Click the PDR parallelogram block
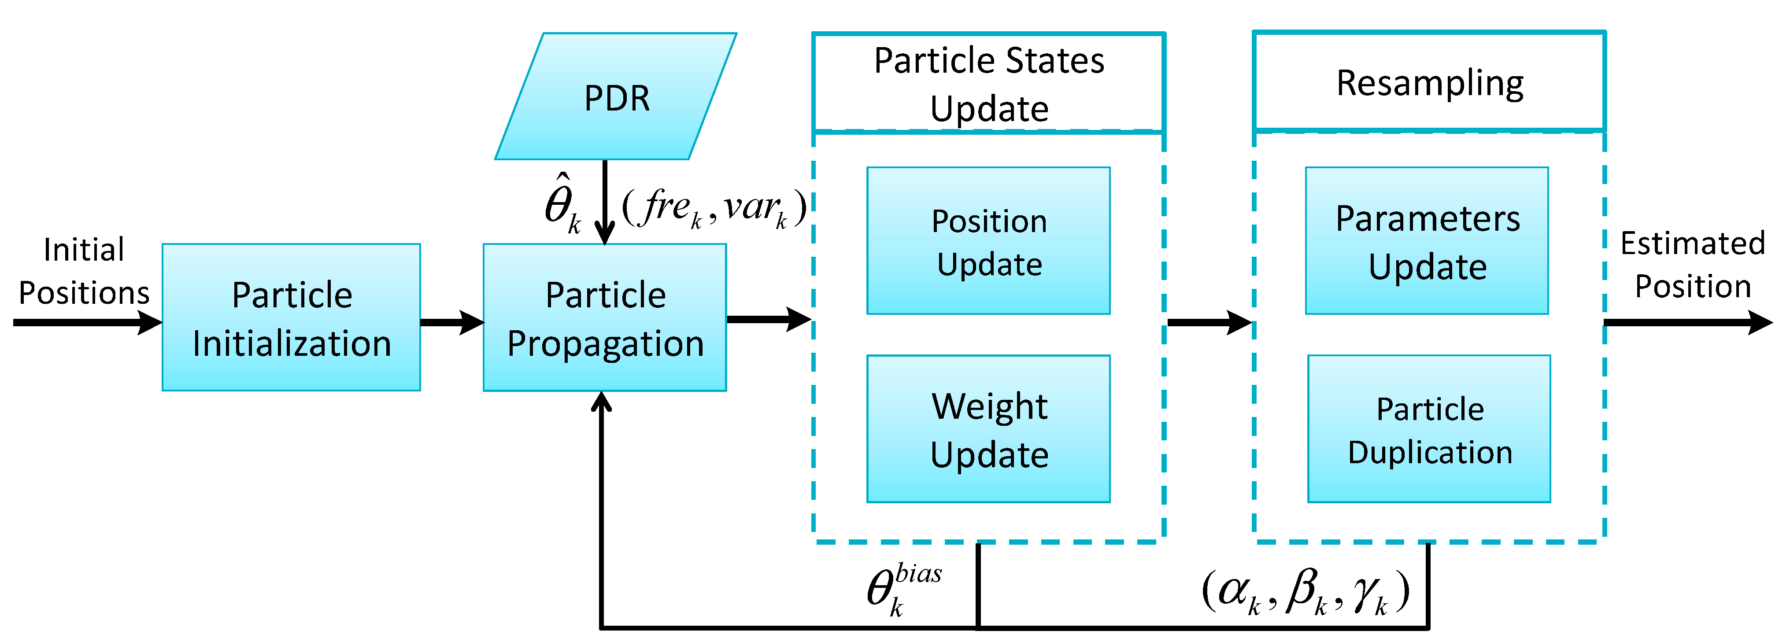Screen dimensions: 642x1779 [x=616, y=96]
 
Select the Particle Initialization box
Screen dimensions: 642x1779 [x=292, y=317]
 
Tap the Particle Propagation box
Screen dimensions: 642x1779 [x=605, y=317]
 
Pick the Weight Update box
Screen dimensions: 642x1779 [x=988, y=429]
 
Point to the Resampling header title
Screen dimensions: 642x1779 [x=1430, y=83]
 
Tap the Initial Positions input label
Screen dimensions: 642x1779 [x=84, y=271]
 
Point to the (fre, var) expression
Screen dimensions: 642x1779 [x=714, y=207]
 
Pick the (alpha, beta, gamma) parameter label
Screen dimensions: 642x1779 [x=1305, y=592]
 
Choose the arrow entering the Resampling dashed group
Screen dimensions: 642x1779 [x=1209, y=322]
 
